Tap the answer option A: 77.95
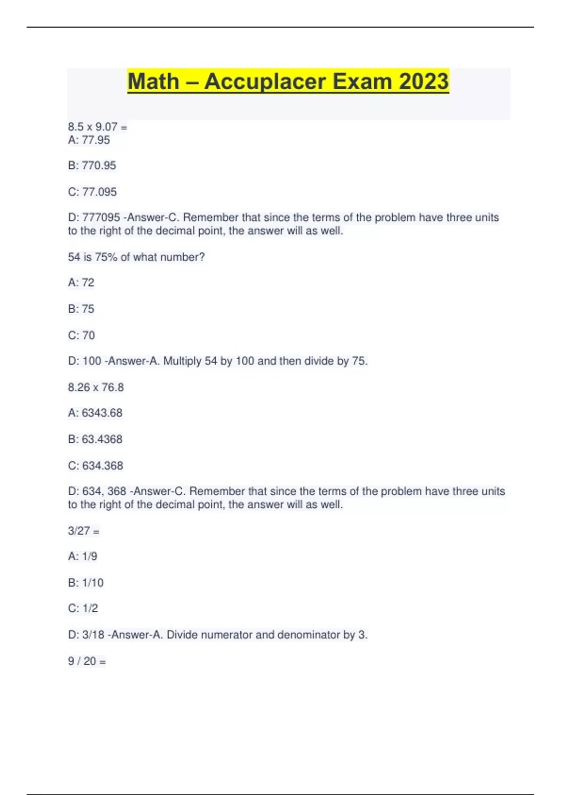coord(89,140)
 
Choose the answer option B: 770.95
coord(92,166)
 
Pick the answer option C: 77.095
coord(92,192)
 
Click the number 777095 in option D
coord(101,217)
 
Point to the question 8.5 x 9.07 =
coord(97,127)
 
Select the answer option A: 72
coord(81,282)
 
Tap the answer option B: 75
coord(81,309)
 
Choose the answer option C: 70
coord(81,335)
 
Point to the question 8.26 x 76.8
coord(96,387)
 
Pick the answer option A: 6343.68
coord(95,413)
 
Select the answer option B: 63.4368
coord(95,439)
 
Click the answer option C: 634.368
coord(95,466)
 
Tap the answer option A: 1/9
coord(82,556)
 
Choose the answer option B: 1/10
coord(86,583)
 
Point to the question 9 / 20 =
coord(87,661)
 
